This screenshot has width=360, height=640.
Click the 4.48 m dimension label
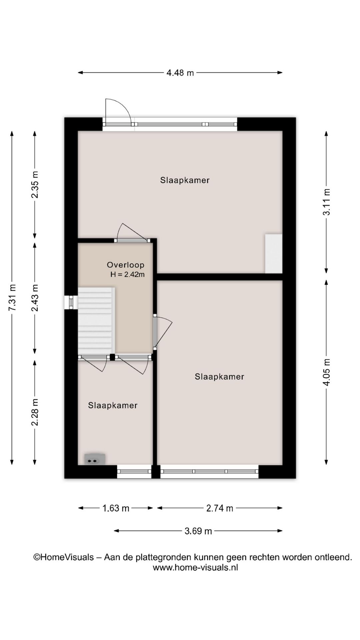click(180, 73)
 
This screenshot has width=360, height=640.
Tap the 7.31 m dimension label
click(12, 298)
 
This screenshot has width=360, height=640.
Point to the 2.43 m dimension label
click(35, 298)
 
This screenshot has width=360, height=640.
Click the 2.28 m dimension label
click(35, 412)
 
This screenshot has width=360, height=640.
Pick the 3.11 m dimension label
click(326, 202)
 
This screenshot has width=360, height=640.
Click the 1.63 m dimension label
click(116, 508)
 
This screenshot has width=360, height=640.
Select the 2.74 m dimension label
click(220, 508)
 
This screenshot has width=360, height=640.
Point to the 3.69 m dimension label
click(198, 531)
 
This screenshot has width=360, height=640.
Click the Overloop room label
click(125, 265)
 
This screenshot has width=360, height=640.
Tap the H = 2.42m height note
click(127, 275)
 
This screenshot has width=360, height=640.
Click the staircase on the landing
click(96, 320)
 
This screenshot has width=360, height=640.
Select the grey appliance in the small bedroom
click(95, 459)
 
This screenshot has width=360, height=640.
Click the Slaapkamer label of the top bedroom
click(185, 180)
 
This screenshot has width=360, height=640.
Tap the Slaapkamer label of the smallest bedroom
click(113, 405)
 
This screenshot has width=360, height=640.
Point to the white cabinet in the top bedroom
click(274, 253)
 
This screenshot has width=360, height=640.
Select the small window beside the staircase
click(71, 302)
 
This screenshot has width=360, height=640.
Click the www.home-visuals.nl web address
click(195, 568)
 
